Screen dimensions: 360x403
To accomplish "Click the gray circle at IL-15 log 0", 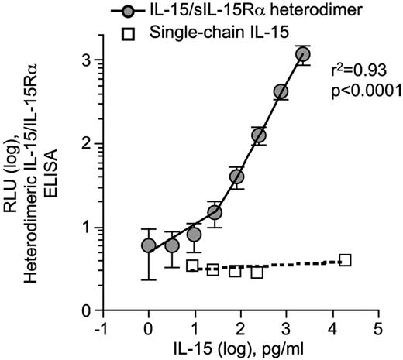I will [148, 245].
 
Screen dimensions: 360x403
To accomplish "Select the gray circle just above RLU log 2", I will [259, 135].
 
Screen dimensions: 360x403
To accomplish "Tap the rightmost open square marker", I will [346, 260].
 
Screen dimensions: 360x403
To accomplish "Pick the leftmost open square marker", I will [192, 266].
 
